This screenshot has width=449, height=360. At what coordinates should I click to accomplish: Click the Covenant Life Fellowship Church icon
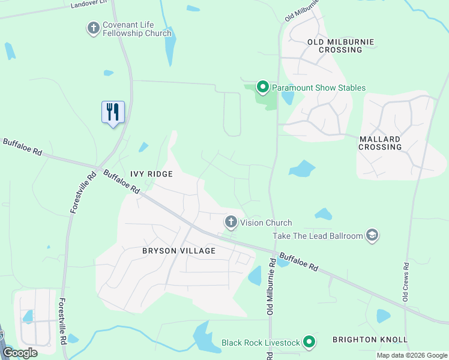(x=93, y=28)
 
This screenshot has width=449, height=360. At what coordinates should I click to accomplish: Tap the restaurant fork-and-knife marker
(x=113, y=112)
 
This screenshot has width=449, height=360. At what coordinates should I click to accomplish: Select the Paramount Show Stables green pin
(x=262, y=88)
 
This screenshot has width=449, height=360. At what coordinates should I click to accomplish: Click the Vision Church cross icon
(x=231, y=222)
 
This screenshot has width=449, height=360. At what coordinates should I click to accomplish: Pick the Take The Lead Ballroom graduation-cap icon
(x=372, y=236)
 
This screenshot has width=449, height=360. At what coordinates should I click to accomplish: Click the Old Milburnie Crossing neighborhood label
(x=340, y=46)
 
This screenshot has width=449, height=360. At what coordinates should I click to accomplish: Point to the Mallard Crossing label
(x=380, y=143)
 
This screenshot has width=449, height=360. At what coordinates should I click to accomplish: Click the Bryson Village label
(x=170, y=250)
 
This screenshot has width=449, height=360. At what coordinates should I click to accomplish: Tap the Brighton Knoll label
(x=370, y=340)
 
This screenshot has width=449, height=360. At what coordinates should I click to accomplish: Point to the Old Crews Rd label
(x=406, y=281)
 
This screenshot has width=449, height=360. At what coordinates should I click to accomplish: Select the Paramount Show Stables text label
(x=319, y=88)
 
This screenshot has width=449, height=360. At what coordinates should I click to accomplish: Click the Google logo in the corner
(x=20, y=353)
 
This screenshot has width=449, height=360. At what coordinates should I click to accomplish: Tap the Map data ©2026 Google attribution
(x=412, y=355)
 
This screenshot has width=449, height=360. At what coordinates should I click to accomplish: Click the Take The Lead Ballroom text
(x=318, y=236)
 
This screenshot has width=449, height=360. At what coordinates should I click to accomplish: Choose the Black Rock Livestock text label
(x=261, y=343)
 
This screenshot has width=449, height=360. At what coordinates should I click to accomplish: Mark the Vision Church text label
(x=266, y=222)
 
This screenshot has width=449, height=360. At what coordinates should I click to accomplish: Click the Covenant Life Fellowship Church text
(x=137, y=29)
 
